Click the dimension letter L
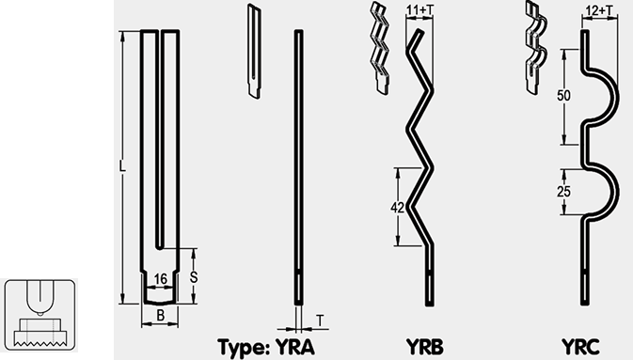click(122, 165)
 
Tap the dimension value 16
click(160, 279)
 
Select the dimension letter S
click(194, 277)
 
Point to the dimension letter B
click(160, 316)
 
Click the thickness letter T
click(320, 321)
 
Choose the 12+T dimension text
click(599, 11)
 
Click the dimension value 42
click(398, 208)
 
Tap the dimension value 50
click(563, 96)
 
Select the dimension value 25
click(563, 192)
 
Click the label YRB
click(425, 346)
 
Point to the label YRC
click(580, 346)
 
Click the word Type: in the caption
click(244, 347)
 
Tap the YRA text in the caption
click(295, 346)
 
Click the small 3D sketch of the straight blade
click(254, 52)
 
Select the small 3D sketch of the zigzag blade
click(380, 48)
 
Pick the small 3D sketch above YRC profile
click(536, 48)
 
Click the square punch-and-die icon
click(40, 314)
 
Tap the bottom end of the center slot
click(161, 248)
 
